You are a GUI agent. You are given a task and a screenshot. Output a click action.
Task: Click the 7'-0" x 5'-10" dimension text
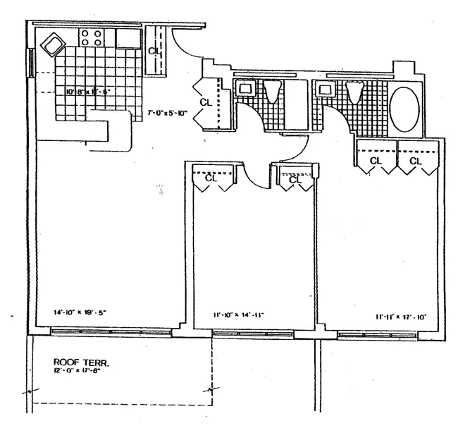tap(168, 111)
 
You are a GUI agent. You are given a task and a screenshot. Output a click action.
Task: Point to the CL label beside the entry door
tap(155, 51)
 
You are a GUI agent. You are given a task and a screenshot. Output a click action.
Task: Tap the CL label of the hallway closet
tap(206, 103)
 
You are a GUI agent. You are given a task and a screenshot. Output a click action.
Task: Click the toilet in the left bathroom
tap(273, 92)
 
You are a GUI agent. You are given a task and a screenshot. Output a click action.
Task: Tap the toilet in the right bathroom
tap(354, 92)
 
